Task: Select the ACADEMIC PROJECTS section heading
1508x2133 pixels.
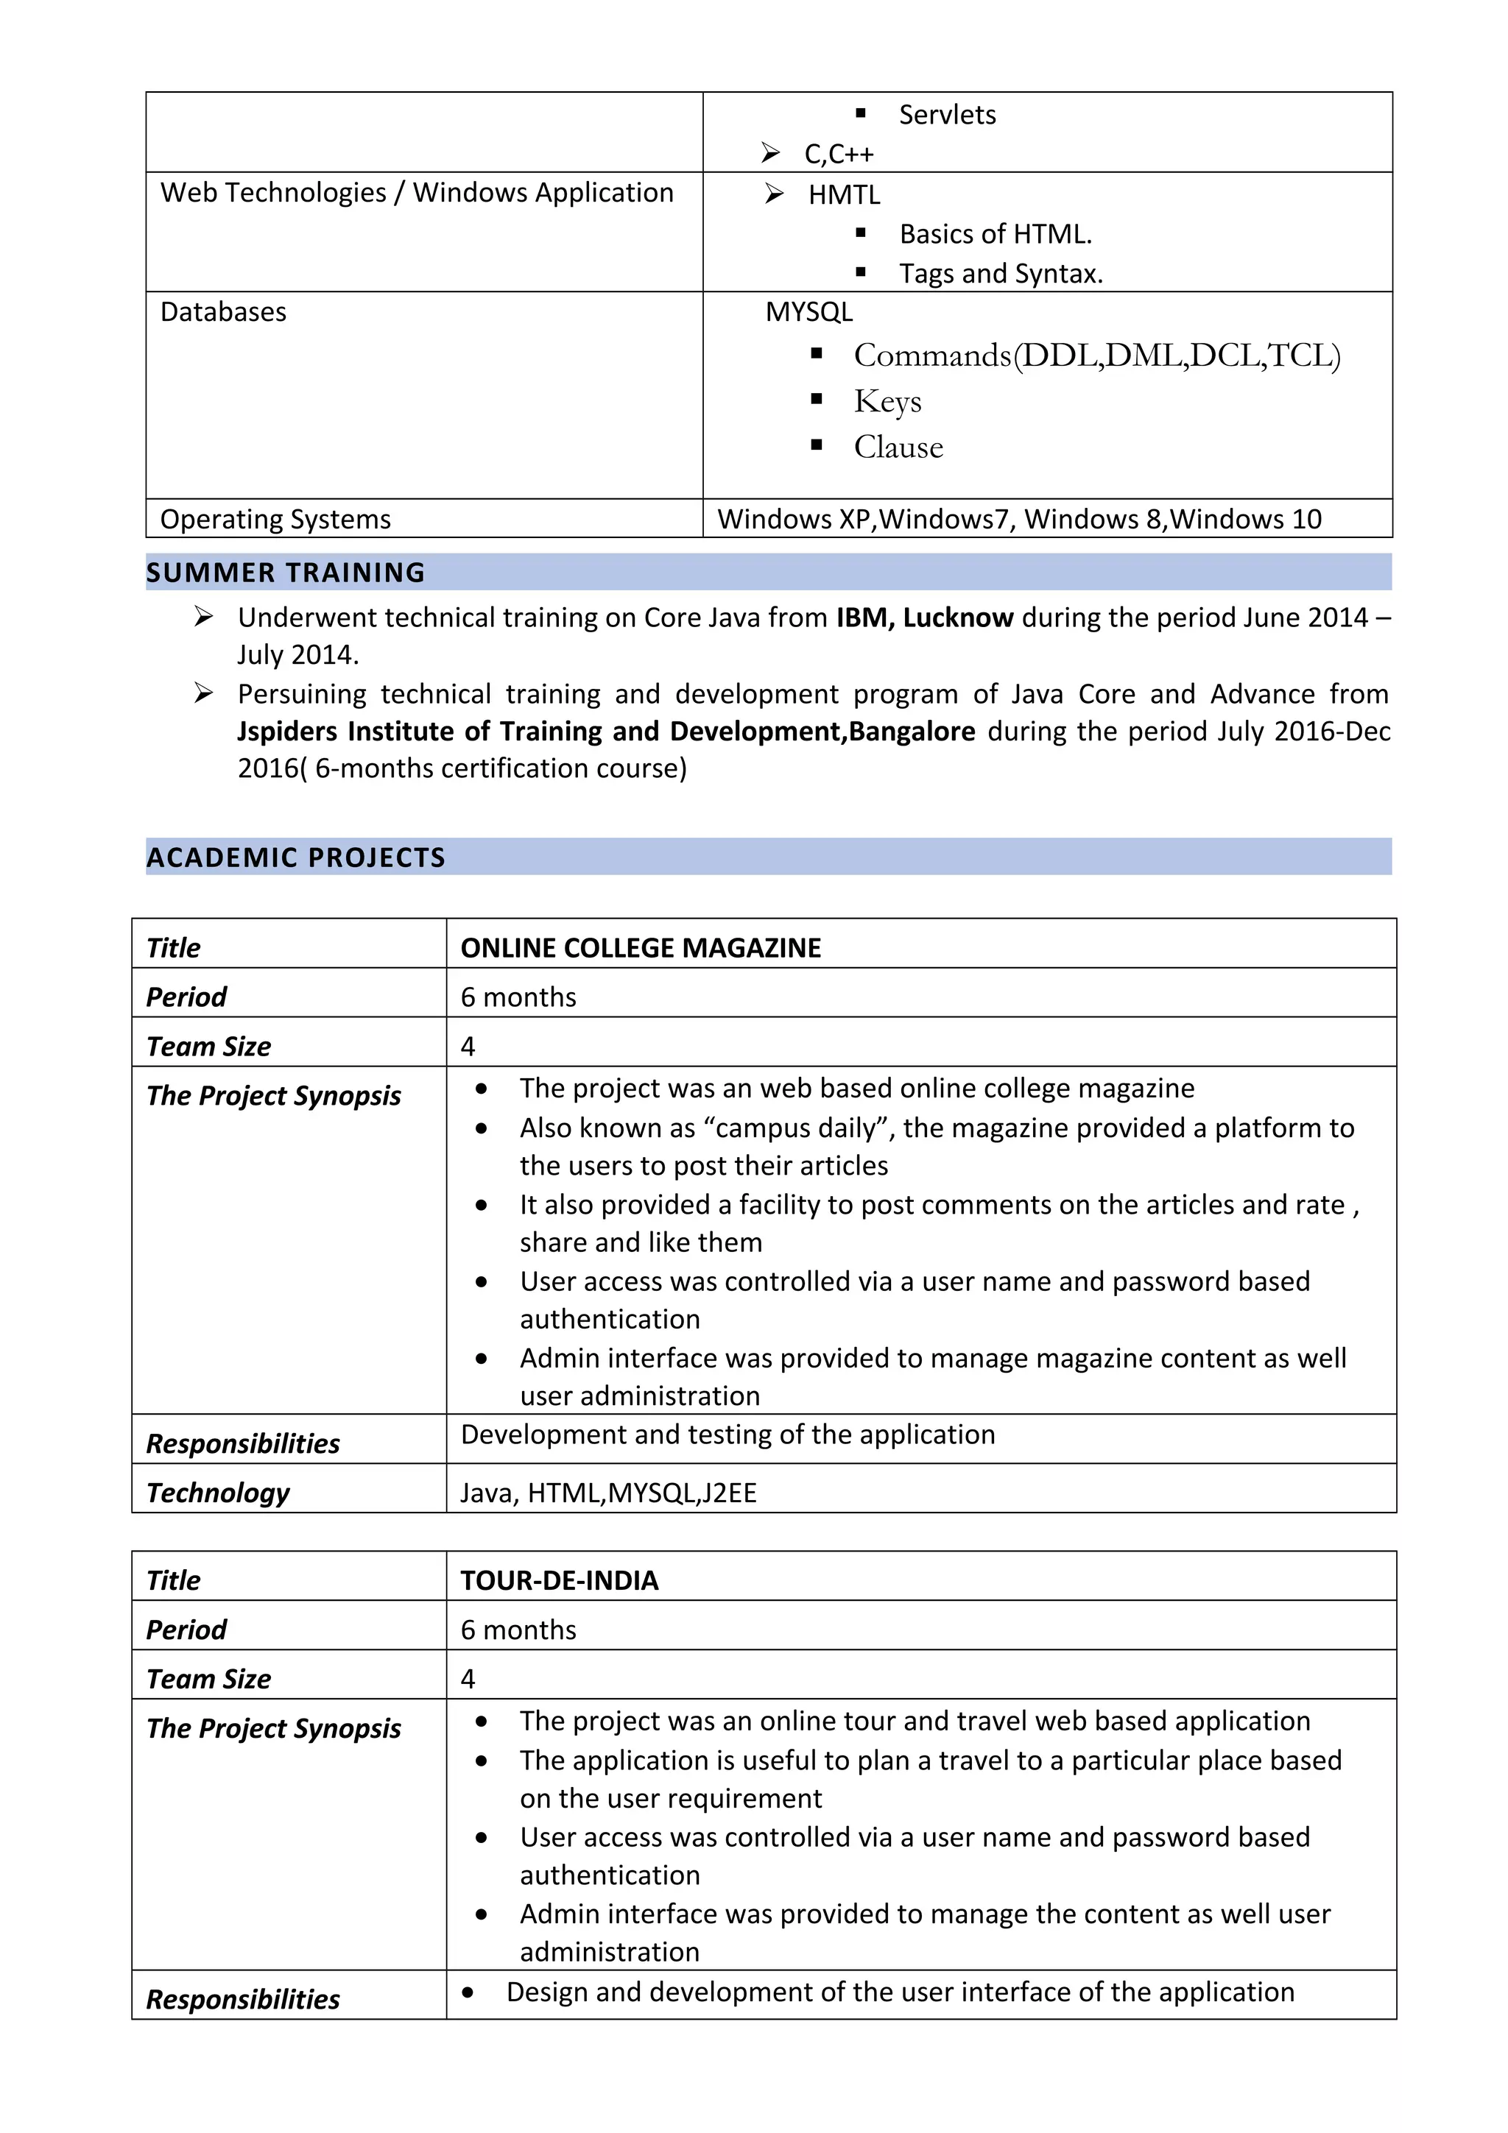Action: pyautogui.click(x=295, y=857)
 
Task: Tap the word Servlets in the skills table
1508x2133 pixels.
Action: pyautogui.click(x=947, y=116)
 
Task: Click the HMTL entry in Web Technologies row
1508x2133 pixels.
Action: pyautogui.click(x=844, y=195)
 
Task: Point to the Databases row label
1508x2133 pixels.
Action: pyautogui.click(x=223, y=312)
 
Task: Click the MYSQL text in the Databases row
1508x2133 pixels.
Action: pyautogui.click(x=808, y=312)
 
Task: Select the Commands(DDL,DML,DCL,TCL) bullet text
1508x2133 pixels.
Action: pyautogui.click(x=1096, y=355)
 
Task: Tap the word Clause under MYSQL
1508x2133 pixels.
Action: pyautogui.click(x=898, y=448)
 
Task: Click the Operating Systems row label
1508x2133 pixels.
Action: pyautogui.click(x=275, y=520)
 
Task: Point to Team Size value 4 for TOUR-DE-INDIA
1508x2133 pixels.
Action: pyautogui.click(x=468, y=1679)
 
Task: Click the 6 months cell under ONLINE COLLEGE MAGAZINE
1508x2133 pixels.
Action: pyautogui.click(x=518, y=997)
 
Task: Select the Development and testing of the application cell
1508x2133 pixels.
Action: pyautogui.click(x=727, y=1435)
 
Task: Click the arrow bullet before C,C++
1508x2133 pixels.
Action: pyautogui.click(x=770, y=152)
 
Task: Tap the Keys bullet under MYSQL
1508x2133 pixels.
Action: pyautogui.click(x=887, y=401)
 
